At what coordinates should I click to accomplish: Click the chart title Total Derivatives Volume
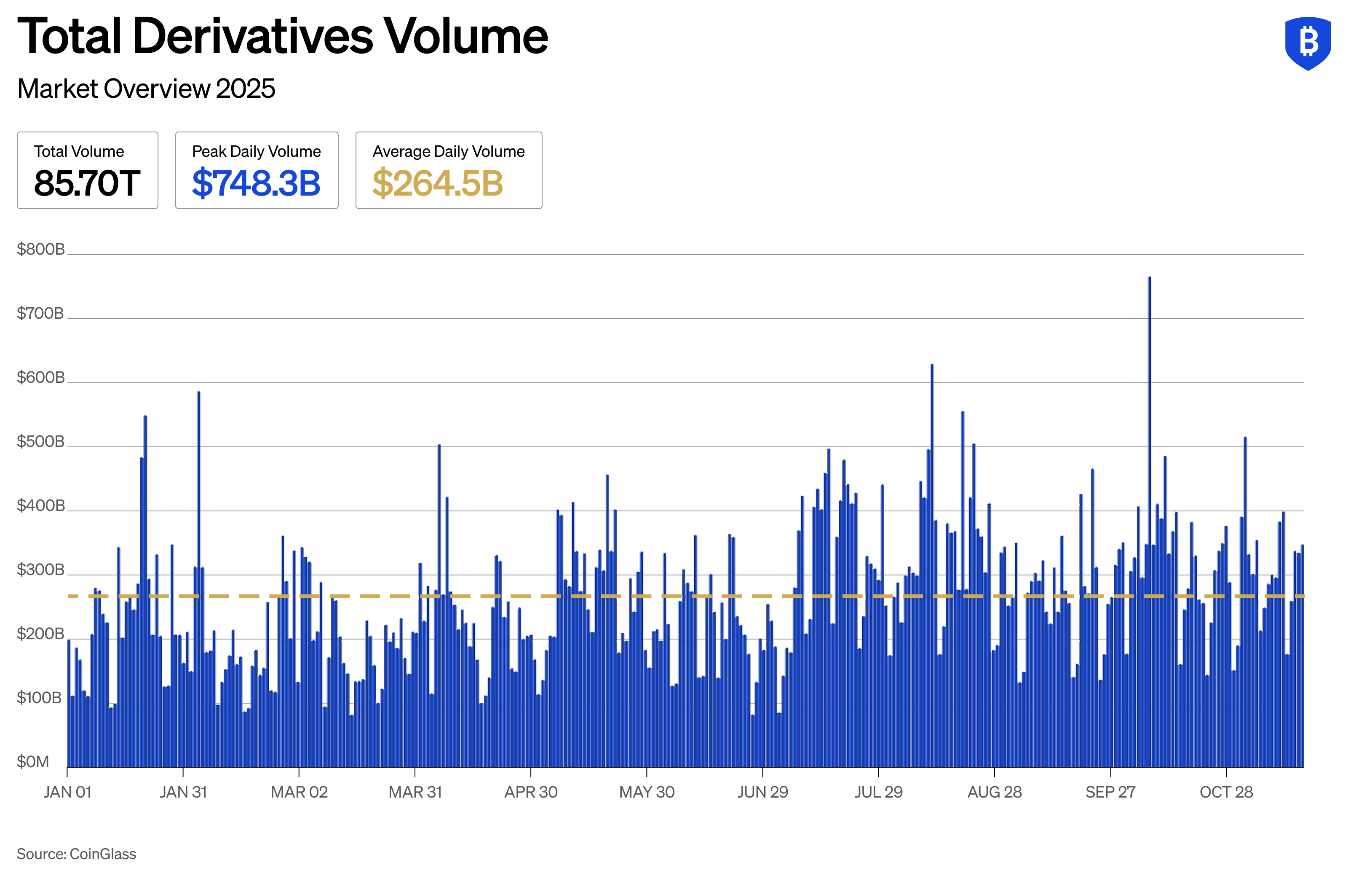click(282, 37)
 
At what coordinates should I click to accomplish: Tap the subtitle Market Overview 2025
click(146, 89)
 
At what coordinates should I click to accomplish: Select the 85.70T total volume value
click(87, 183)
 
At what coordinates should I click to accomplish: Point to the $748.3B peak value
click(256, 183)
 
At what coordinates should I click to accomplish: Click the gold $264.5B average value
click(437, 183)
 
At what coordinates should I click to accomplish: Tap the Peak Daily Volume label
click(256, 151)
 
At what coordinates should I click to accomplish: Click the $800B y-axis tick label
click(41, 249)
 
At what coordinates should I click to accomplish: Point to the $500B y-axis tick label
click(41, 441)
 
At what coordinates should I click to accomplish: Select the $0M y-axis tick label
click(33, 761)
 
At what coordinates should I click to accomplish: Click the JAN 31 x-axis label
click(183, 792)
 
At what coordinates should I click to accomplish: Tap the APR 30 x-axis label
click(531, 792)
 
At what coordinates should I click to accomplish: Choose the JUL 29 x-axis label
click(878, 792)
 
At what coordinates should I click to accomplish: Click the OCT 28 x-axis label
click(1226, 792)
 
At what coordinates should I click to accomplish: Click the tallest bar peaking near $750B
click(1149, 510)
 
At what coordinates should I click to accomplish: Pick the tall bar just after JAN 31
click(198, 567)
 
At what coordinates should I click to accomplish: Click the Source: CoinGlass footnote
click(77, 854)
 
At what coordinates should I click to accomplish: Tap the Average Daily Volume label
click(448, 151)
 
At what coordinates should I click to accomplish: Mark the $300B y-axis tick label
click(41, 570)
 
